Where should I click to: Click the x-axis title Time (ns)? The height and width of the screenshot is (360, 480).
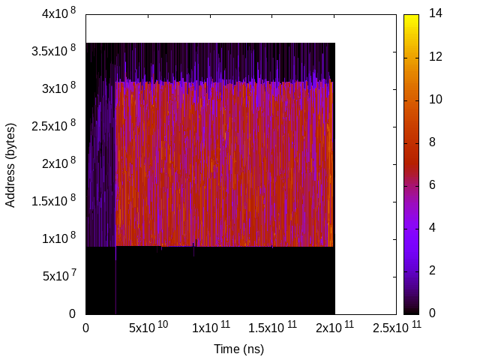coord(239,349)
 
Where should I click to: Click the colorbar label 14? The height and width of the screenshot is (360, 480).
coord(435,14)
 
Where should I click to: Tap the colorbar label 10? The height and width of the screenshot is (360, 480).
coord(435,100)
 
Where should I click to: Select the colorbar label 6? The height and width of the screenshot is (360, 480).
coord(432,185)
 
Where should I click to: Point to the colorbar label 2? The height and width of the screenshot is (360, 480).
coord(432,270)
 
